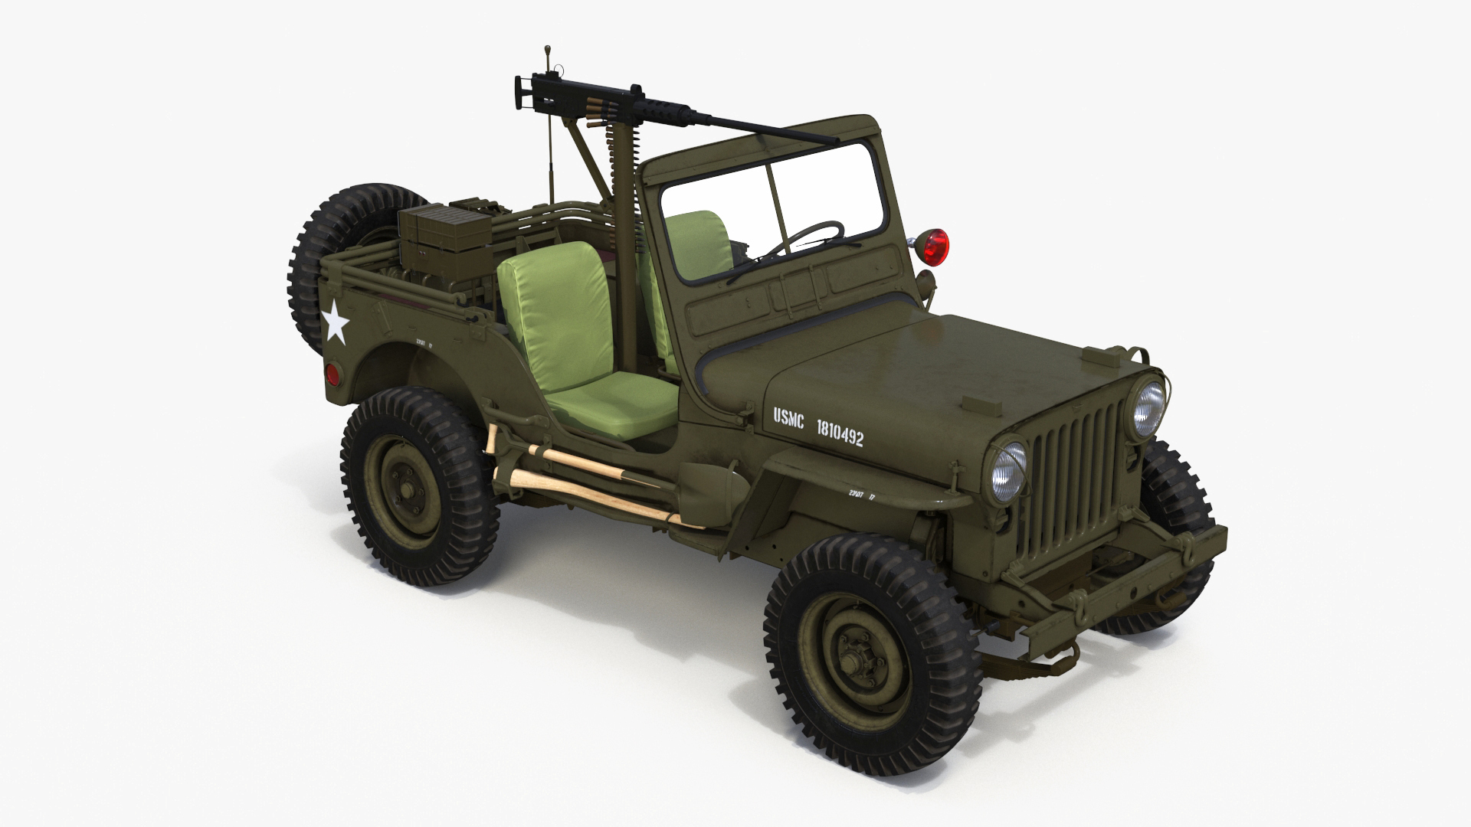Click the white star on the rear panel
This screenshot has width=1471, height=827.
pos(335,322)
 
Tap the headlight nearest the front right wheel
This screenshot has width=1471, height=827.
pos(1008,469)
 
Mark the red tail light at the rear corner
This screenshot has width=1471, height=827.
pos(332,374)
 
